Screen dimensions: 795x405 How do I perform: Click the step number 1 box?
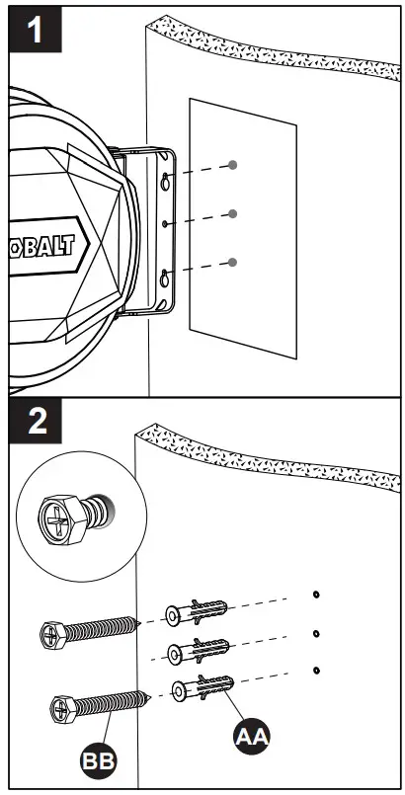(35, 31)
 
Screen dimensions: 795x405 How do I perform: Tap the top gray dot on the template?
(233, 164)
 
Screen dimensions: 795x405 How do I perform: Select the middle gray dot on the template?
(233, 213)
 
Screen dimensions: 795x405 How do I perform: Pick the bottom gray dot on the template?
(233, 262)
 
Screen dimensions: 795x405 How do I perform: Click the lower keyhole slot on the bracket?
(164, 278)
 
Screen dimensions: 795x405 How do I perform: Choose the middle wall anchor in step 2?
(199, 652)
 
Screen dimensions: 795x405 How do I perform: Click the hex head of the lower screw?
(64, 707)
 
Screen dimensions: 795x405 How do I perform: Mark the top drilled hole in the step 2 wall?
(315, 595)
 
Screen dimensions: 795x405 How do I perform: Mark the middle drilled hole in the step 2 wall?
(315, 633)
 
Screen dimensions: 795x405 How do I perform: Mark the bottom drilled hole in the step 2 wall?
(315, 671)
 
